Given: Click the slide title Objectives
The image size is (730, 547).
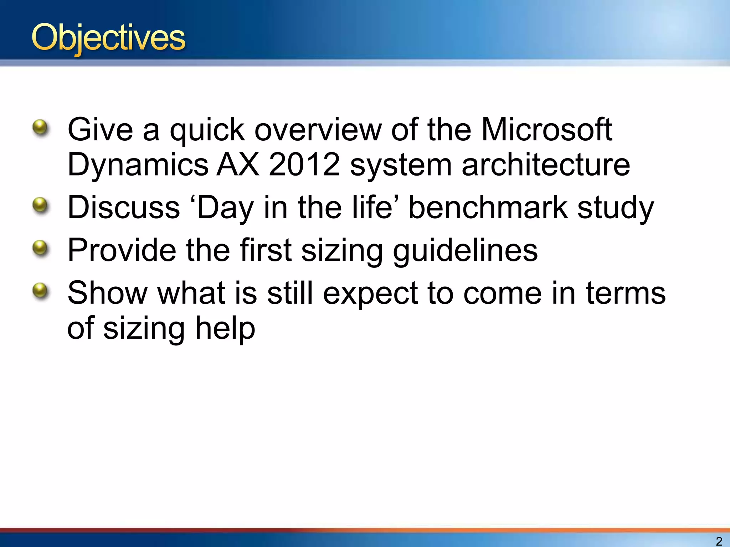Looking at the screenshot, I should (108, 38).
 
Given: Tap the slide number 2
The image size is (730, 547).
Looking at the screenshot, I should (719, 541).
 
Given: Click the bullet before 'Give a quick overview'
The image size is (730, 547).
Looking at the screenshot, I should (40, 127).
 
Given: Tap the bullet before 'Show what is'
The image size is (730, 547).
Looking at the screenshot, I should (40, 290).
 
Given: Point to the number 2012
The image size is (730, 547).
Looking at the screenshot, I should (304, 165).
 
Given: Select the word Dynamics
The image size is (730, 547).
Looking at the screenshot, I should (138, 165).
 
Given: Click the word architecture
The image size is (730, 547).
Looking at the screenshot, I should (546, 165).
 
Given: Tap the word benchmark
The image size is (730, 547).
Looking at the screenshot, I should (488, 207).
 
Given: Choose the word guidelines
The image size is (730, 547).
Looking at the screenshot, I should (465, 250).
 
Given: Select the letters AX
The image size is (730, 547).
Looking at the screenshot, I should (238, 165).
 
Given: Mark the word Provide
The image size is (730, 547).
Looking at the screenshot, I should (122, 250).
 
